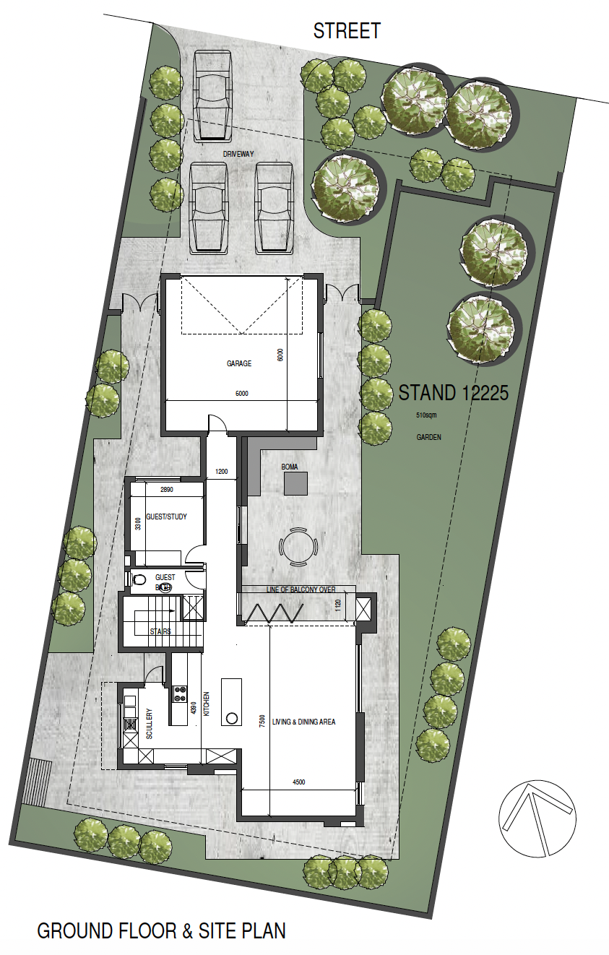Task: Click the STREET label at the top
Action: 346,31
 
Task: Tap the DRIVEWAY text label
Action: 240,154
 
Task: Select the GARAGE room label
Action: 239,363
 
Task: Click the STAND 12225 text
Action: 454,394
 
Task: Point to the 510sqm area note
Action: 426,417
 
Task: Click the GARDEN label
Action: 428,438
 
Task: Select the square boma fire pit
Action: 296,483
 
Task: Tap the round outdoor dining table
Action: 298,548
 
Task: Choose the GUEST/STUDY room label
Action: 165,517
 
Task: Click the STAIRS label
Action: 160,631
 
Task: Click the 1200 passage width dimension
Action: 222,472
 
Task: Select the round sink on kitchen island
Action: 233,718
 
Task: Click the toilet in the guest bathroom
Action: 140,579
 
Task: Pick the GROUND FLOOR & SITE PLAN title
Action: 161,930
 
